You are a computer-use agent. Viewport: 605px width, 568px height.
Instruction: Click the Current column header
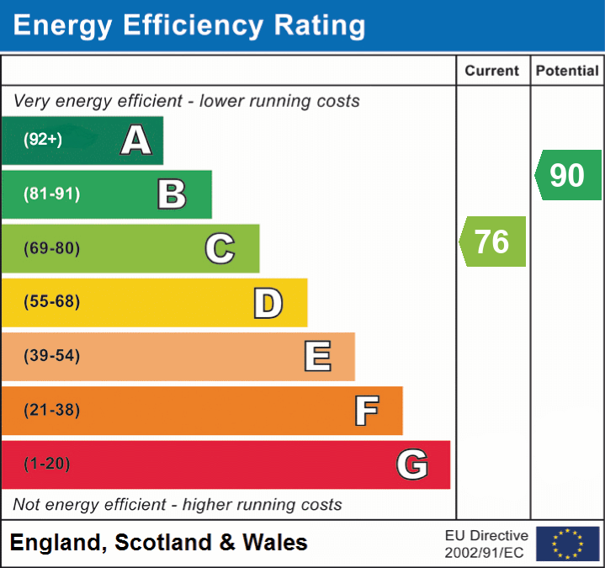492,72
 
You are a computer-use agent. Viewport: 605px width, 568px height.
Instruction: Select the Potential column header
567,72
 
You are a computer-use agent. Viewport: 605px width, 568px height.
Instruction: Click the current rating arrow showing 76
492,242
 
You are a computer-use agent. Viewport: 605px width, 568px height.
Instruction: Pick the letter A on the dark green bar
136,141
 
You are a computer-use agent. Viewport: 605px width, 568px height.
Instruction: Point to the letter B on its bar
172,194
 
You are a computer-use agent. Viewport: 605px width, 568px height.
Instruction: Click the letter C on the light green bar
220,248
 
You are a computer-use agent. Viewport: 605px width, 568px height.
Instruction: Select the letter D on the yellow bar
268,303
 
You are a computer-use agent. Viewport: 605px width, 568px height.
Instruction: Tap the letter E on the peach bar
317,357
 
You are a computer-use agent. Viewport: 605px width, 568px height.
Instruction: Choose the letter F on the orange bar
366,411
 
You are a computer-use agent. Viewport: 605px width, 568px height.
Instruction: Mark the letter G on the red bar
412,464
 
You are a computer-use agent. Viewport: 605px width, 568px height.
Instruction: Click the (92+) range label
43,140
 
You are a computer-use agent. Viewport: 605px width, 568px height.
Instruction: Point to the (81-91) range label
52,194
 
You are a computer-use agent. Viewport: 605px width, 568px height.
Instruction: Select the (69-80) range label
52,248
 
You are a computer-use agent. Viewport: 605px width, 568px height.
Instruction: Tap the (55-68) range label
52,302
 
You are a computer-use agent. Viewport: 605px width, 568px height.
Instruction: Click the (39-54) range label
52,356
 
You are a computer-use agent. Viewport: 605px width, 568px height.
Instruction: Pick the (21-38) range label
52,411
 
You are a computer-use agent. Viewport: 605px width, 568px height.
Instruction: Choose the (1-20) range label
47,464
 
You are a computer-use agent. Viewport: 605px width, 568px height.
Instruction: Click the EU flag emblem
567,544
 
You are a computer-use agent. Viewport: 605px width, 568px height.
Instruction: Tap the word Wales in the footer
275,543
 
